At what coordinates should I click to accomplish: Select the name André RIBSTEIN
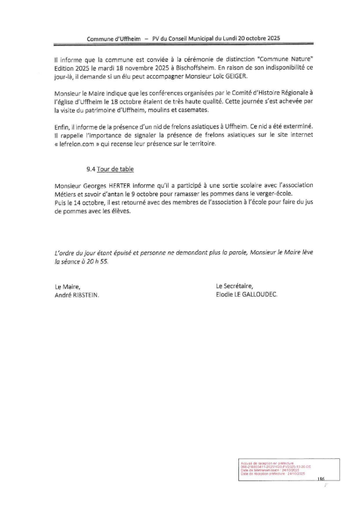76,295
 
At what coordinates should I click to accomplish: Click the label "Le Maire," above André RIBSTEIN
67,286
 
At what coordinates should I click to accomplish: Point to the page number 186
321,479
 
